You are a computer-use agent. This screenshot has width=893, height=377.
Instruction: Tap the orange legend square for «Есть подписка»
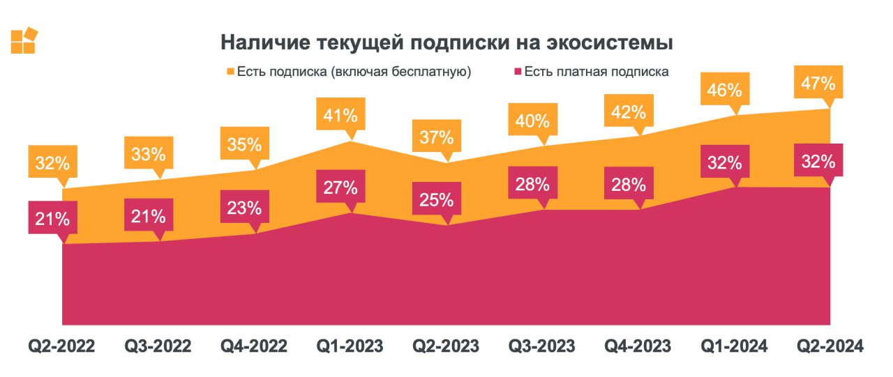[x=230, y=71]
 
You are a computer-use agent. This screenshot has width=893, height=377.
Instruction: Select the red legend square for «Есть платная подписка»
[x=518, y=71]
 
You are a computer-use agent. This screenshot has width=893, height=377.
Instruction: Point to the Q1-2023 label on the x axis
[x=350, y=346]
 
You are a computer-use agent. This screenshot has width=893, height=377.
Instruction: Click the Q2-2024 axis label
[x=830, y=346]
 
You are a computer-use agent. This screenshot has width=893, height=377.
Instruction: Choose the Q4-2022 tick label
[x=254, y=346]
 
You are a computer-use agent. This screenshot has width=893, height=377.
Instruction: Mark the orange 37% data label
[x=437, y=137]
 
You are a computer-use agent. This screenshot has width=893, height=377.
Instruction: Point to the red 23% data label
[x=243, y=208]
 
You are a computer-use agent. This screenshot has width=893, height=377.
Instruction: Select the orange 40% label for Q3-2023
[x=533, y=121]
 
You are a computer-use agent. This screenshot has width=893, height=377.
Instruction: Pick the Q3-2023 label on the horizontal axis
[x=541, y=346]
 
